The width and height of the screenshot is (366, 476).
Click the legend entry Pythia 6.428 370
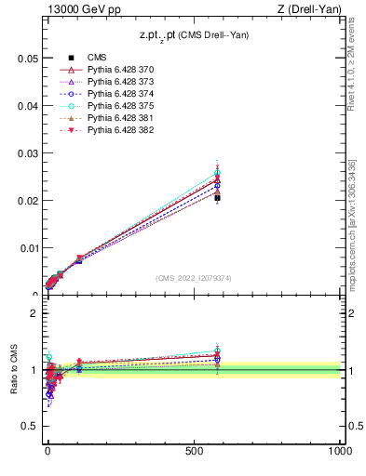[120, 70]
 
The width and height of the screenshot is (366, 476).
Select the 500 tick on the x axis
[194, 450]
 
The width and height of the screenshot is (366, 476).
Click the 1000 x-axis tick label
[339, 450]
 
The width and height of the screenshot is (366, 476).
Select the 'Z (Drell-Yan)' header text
[309, 10]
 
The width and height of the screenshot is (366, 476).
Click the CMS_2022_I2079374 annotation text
[193, 277]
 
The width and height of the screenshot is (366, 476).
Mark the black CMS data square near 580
[217, 197]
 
